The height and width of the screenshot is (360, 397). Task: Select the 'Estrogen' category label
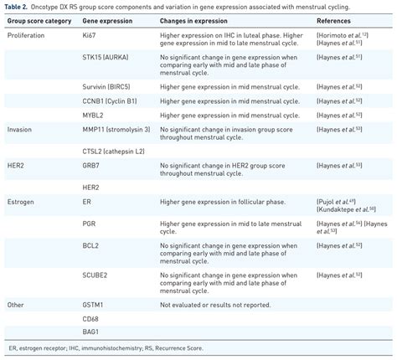(21, 202)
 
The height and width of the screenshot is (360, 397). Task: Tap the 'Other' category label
(16, 304)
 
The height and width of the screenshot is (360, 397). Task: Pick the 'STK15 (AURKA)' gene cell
(106, 59)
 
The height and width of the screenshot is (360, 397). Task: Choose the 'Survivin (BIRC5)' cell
(107, 86)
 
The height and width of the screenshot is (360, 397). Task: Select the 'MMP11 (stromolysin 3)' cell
(116, 129)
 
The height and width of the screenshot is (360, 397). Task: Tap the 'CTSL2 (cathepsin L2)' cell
(113, 151)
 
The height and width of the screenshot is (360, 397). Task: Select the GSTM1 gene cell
(94, 304)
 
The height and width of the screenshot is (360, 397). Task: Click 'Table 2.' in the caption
(18, 6)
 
